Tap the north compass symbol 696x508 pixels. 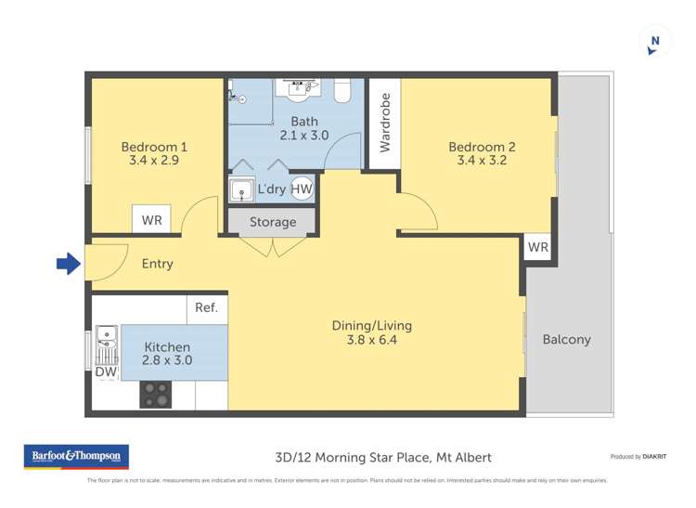(x=655, y=42)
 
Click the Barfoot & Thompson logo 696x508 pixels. (x=76, y=457)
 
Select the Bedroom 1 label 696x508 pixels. (x=154, y=147)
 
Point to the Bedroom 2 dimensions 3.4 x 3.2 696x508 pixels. (x=482, y=161)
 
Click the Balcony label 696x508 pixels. (x=566, y=339)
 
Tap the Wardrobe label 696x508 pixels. (x=385, y=123)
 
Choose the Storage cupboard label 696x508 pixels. (x=273, y=222)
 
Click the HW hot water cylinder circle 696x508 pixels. (x=302, y=189)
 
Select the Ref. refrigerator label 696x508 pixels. (x=206, y=307)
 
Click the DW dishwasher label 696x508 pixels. (x=105, y=371)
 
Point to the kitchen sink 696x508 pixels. (x=105, y=341)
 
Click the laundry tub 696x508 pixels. (x=243, y=190)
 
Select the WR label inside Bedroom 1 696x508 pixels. (x=151, y=221)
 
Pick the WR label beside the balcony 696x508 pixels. (x=538, y=248)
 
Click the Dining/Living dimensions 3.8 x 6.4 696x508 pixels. (x=371, y=340)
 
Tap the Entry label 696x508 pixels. (x=157, y=264)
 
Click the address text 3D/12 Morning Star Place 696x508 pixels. (x=383, y=457)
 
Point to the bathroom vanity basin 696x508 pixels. (x=301, y=87)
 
